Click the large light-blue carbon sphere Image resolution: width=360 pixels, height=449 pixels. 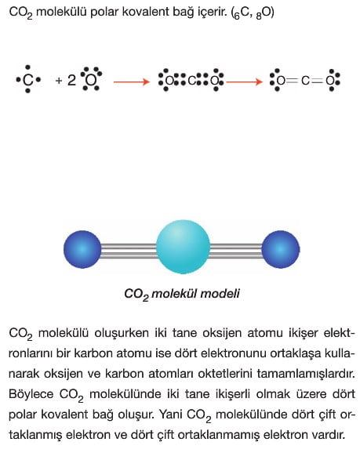coord(183,247)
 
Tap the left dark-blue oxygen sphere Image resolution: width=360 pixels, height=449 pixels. coord(82,249)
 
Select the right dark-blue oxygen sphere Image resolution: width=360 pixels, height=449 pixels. coord(281,249)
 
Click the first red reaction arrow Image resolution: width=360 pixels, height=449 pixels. coord(132,82)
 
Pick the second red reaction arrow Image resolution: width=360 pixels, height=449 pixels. coord(244,82)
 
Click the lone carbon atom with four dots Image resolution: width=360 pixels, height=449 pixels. coord(27,80)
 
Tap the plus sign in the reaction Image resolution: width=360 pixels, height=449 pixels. coord(59,81)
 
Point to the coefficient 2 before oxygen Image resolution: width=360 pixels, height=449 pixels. coord(71,80)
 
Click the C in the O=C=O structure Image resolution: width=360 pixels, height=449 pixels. coord(305,81)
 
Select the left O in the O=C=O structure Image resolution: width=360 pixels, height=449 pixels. coord(281,81)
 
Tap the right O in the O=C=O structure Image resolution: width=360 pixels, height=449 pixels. coord(330,81)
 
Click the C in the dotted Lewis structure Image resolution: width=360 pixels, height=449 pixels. coord(191,81)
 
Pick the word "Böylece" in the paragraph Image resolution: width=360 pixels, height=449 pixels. coord(31,394)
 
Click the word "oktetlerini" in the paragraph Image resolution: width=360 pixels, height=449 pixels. coord(224,374)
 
